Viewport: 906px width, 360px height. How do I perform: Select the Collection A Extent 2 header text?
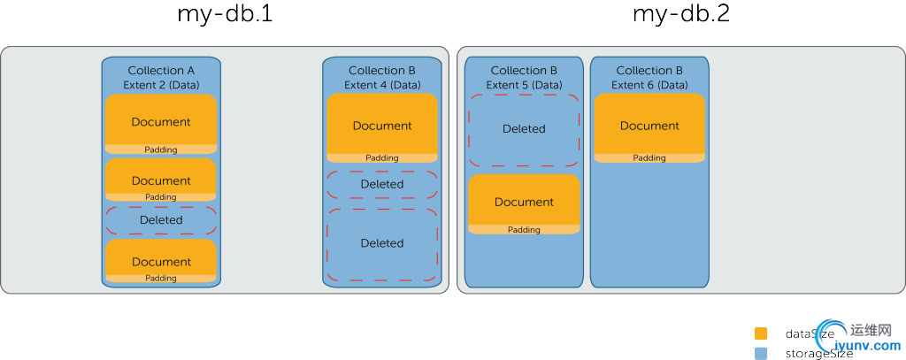pos(161,77)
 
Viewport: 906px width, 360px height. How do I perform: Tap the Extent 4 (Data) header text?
pos(382,85)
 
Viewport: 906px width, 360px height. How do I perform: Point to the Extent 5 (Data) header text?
pos(524,85)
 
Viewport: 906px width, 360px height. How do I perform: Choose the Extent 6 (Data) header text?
pos(649,85)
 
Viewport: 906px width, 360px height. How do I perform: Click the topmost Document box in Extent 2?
pos(161,121)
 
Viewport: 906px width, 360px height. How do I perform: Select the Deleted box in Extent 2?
pos(161,220)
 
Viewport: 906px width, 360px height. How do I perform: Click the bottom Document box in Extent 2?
pos(161,261)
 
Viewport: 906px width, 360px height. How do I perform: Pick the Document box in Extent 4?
pos(382,125)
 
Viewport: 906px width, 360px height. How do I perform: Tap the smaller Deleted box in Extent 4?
pos(382,184)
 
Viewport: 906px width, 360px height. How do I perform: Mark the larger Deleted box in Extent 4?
pos(382,243)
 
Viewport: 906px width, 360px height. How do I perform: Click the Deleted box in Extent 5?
pos(524,129)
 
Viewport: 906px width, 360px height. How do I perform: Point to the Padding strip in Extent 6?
pos(649,157)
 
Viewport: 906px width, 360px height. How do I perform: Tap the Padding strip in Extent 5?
pos(524,230)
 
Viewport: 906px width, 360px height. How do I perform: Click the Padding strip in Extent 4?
pos(382,157)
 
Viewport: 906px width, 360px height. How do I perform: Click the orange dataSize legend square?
pos(761,334)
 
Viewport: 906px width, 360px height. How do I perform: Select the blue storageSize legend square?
pos(761,353)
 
